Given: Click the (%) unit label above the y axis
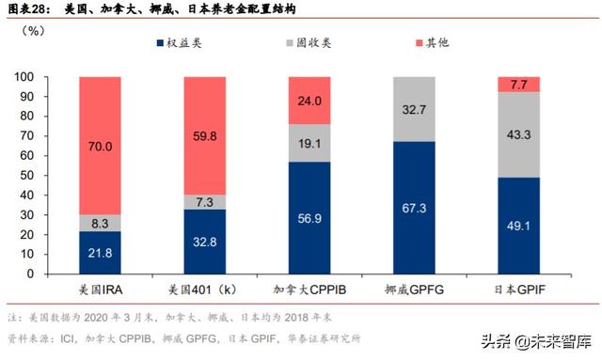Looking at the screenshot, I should [x=58, y=32].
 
